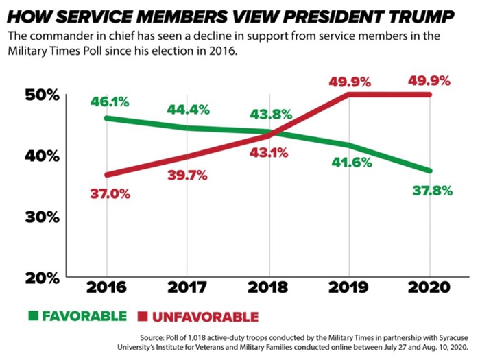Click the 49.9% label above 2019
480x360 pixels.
[350, 82]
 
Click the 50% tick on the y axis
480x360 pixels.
[43, 95]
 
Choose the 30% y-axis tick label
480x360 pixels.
[43, 217]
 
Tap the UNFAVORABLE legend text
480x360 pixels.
[204, 317]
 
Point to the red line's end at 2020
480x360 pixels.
[429, 95]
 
